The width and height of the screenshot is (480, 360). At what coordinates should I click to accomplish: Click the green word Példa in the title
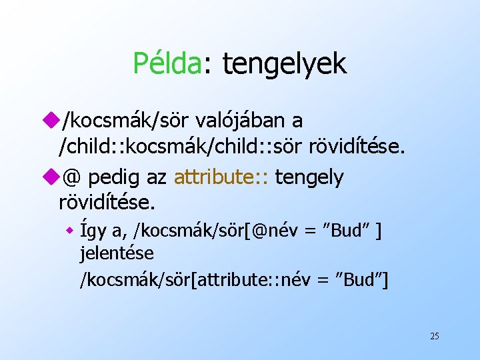167,63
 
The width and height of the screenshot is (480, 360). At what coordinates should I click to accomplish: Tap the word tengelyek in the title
284,65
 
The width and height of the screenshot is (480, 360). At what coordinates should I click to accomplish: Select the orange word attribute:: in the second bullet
220,177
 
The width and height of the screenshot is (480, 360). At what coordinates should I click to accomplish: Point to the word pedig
112,178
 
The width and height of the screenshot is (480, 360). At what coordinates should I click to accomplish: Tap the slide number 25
434,336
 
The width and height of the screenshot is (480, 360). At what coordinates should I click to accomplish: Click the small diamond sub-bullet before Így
69,231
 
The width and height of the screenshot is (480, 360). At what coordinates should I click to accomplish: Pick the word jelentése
117,253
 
